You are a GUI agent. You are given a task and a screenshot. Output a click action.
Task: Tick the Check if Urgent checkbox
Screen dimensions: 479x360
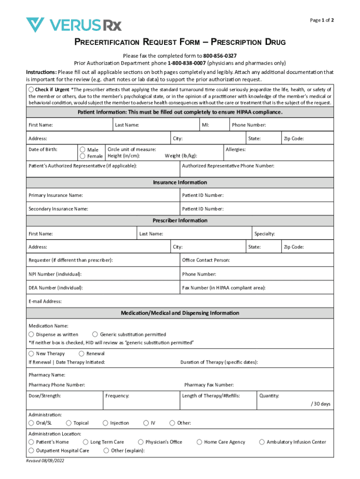click(x=31, y=89)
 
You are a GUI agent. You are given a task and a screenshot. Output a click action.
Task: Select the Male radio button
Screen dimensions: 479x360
click(x=83, y=150)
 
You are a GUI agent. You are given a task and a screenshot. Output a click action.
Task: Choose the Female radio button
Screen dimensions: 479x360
click(x=83, y=156)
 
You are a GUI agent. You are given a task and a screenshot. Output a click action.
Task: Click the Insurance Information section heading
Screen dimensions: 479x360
click(x=180, y=182)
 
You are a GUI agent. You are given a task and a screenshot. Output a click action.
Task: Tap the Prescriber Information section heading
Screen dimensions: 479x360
click(x=180, y=220)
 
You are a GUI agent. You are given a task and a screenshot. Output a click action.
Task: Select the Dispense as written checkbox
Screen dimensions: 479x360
click(x=31, y=334)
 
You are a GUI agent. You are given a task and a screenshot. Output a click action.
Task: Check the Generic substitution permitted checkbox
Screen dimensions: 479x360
click(x=95, y=334)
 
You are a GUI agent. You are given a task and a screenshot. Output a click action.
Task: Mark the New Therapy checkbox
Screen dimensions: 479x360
click(x=31, y=354)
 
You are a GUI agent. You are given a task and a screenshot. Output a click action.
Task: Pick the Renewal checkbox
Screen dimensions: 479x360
click(x=82, y=354)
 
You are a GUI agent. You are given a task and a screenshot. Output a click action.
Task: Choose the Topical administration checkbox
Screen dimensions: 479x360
click(x=69, y=423)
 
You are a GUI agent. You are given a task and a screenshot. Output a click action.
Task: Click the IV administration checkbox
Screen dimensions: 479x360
click(x=145, y=423)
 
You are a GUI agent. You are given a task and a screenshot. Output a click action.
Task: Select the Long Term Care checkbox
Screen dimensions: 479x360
click(x=86, y=442)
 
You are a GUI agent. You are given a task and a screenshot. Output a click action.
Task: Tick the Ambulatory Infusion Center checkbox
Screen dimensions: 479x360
click(x=262, y=442)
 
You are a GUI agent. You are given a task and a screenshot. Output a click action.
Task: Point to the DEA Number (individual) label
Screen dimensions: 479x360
click(x=56, y=288)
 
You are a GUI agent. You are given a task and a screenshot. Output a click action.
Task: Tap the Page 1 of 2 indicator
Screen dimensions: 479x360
click(x=322, y=20)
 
